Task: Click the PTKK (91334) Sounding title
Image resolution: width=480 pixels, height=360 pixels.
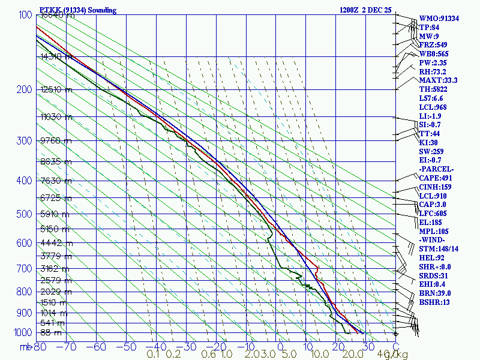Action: click(x=78, y=10)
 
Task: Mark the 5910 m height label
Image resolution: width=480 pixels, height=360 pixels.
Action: click(x=56, y=213)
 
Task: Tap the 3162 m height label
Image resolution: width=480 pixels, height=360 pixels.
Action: click(x=56, y=269)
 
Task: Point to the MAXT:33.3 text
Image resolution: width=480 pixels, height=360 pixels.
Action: click(x=439, y=80)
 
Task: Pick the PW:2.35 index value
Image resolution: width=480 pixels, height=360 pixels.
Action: click(x=432, y=62)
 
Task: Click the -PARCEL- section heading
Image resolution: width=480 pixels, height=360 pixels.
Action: click(x=436, y=169)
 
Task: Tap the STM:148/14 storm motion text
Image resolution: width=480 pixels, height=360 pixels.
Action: click(x=439, y=249)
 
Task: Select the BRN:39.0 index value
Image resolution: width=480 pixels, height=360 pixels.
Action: click(x=434, y=293)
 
